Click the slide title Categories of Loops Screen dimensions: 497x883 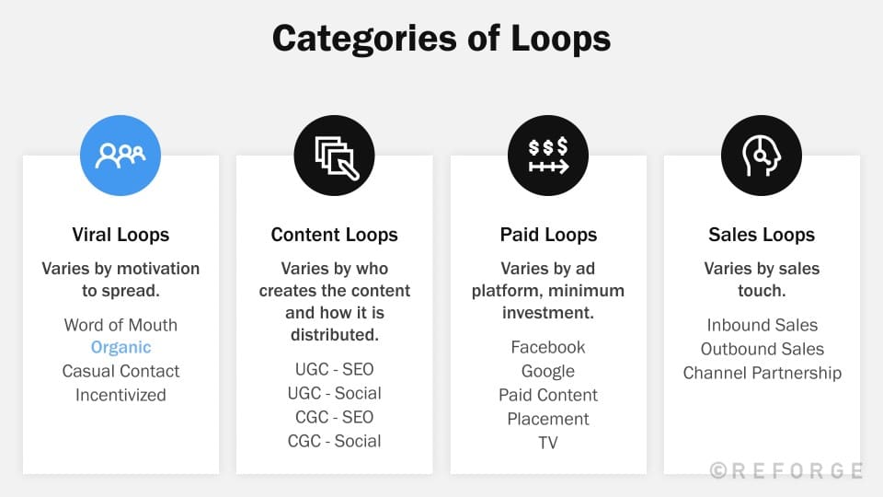click(441, 39)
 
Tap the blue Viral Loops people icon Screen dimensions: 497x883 click(120, 155)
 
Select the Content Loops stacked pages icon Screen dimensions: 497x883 click(334, 155)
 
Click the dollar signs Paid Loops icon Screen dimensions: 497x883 click(548, 155)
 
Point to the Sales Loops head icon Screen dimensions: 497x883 click(762, 155)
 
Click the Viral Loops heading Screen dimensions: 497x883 click(120, 235)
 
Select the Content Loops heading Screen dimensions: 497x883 click(334, 235)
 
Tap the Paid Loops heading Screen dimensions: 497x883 click(548, 235)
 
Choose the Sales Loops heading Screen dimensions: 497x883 click(762, 235)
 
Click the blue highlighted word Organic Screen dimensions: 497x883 click(120, 348)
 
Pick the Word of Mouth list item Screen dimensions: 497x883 click(120, 325)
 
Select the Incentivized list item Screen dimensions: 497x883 click(120, 395)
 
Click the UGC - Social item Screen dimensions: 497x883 click(334, 393)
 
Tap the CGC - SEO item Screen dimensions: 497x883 click(334, 417)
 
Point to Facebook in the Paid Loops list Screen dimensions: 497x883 click(548, 347)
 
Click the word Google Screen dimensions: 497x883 click(548, 371)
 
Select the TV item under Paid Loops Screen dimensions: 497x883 click(548, 443)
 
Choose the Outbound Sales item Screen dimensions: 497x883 click(762, 349)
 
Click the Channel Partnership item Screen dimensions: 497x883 click(762, 373)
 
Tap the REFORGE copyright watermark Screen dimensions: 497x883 click(786, 470)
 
